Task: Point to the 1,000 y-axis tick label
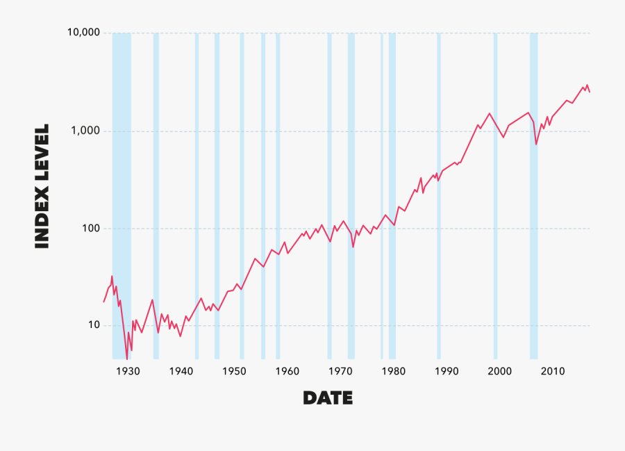pos(84,131)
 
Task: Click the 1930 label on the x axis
pos(128,371)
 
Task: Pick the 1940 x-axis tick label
pos(181,371)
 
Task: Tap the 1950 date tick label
pos(234,371)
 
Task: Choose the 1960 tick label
pos(287,371)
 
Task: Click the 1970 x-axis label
pos(340,371)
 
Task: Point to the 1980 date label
pos(393,371)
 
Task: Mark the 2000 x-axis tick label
pos(499,371)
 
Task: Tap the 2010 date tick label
pos(553,371)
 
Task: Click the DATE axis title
pos(328,398)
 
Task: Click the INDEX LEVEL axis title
pos(42,186)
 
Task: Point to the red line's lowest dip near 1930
pos(126,358)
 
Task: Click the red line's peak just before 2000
pos(490,113)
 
